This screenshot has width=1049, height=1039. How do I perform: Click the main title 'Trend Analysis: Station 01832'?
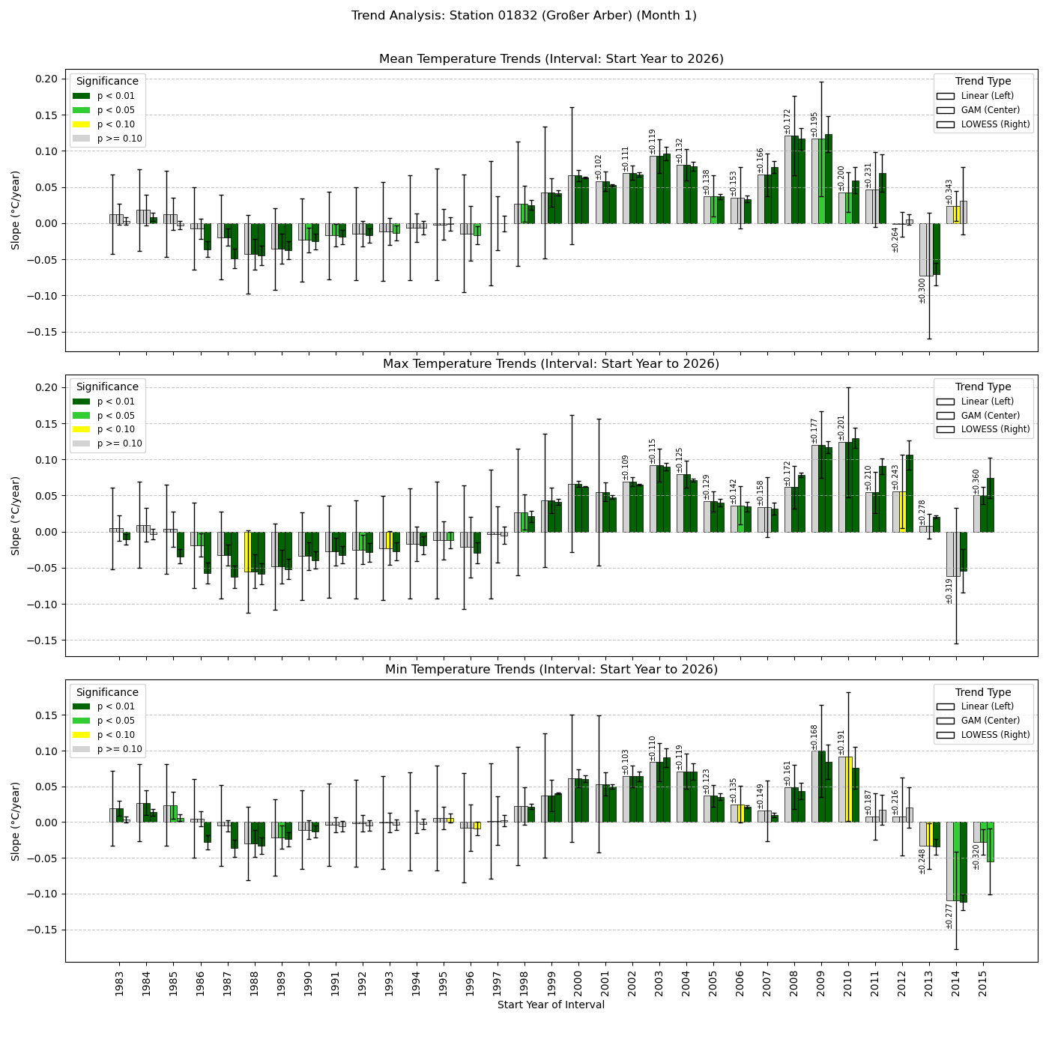coord(524,16)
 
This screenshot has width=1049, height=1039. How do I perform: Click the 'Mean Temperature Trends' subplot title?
coord(551,59)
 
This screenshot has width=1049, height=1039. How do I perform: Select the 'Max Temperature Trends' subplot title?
coord(551,364)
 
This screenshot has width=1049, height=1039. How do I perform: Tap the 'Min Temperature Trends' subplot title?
coord(551,670)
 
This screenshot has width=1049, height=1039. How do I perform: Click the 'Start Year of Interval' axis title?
coord(551,1005)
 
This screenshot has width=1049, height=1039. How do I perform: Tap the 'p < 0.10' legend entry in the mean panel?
coord(115,124)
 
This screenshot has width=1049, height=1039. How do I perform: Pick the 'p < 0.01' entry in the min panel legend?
coord(115,706)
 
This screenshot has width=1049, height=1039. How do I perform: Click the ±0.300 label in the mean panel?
coord(922,291)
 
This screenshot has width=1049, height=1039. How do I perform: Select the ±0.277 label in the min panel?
coord(949,916)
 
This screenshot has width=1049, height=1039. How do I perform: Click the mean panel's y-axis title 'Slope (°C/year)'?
coord(16,210)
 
